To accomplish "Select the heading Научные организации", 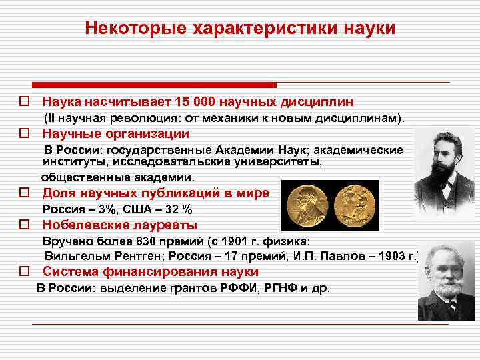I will tap(116, 133).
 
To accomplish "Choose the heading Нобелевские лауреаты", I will tap(120, 225).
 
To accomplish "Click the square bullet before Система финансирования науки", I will tap(24, 272).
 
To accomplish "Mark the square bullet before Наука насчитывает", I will tap(24, 103).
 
